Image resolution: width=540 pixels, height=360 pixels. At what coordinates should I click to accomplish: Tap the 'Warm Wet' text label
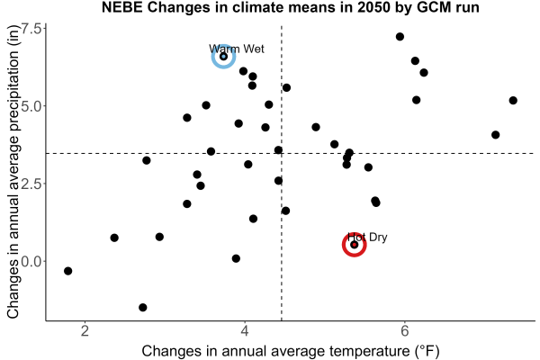tap(237, 49)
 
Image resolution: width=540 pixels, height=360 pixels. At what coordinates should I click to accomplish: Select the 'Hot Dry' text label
tap(367, 237)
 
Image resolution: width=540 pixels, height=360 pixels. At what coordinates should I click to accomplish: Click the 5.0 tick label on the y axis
tap(31, 106)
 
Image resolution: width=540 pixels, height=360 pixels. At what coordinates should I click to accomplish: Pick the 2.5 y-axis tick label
tap(31, 184)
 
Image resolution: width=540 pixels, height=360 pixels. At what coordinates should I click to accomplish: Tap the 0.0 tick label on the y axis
tap(31, 262)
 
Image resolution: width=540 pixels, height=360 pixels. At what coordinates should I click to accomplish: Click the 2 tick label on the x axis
tap(85, 331)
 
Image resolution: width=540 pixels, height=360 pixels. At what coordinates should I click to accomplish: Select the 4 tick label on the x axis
tap(245, 331)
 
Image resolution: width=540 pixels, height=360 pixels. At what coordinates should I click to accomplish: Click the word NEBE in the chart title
tap(121, 7)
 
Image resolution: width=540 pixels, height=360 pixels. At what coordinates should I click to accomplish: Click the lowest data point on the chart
tap(143, 307)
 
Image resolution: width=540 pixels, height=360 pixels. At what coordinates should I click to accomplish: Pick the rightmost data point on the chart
tap(513, 101)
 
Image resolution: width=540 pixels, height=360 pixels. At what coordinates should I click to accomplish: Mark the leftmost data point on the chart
tap(68, 271)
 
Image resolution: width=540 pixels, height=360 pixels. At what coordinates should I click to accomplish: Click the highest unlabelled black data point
tap(400, 37)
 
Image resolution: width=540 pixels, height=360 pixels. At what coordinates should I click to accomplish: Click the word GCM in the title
tap(433, 7)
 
